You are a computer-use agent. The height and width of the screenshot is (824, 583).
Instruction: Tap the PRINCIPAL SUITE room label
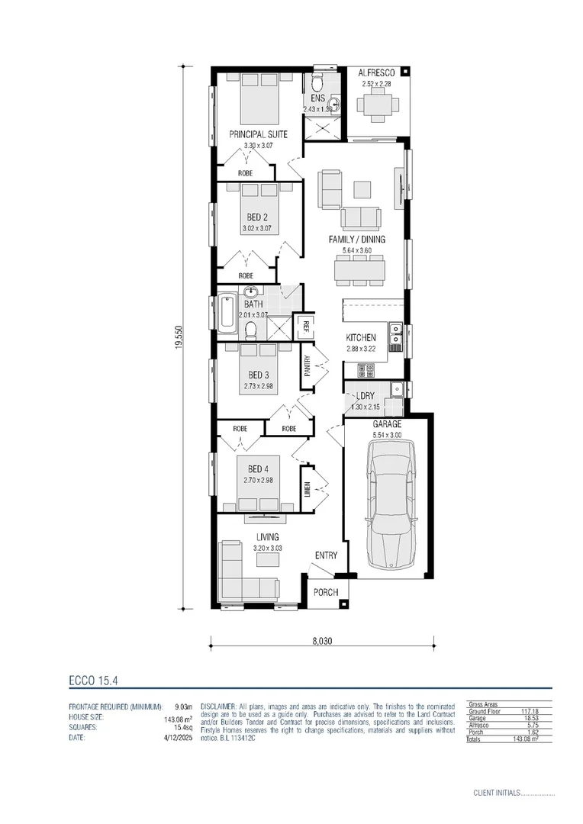[x=259, y=134]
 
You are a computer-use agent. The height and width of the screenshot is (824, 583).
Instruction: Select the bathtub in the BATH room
[x=227, y=314]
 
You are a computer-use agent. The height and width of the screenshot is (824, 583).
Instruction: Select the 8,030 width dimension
[x=322, y=642]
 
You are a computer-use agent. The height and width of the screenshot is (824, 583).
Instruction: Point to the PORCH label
[x=325, y=591]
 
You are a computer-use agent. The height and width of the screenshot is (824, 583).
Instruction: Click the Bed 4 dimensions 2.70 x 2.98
[x=259, y=480]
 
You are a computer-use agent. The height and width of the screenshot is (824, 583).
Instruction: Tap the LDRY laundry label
[x=364, y=397]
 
